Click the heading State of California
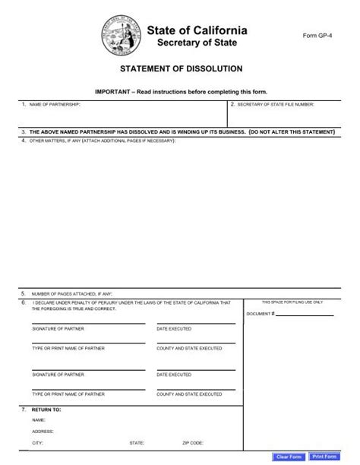point(197,30)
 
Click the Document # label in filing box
point(260,313)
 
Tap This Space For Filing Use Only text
point(292,302)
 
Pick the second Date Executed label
point(174,375)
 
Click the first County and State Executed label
point(189,348)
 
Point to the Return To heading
point(45,410)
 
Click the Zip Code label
point(191,441)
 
